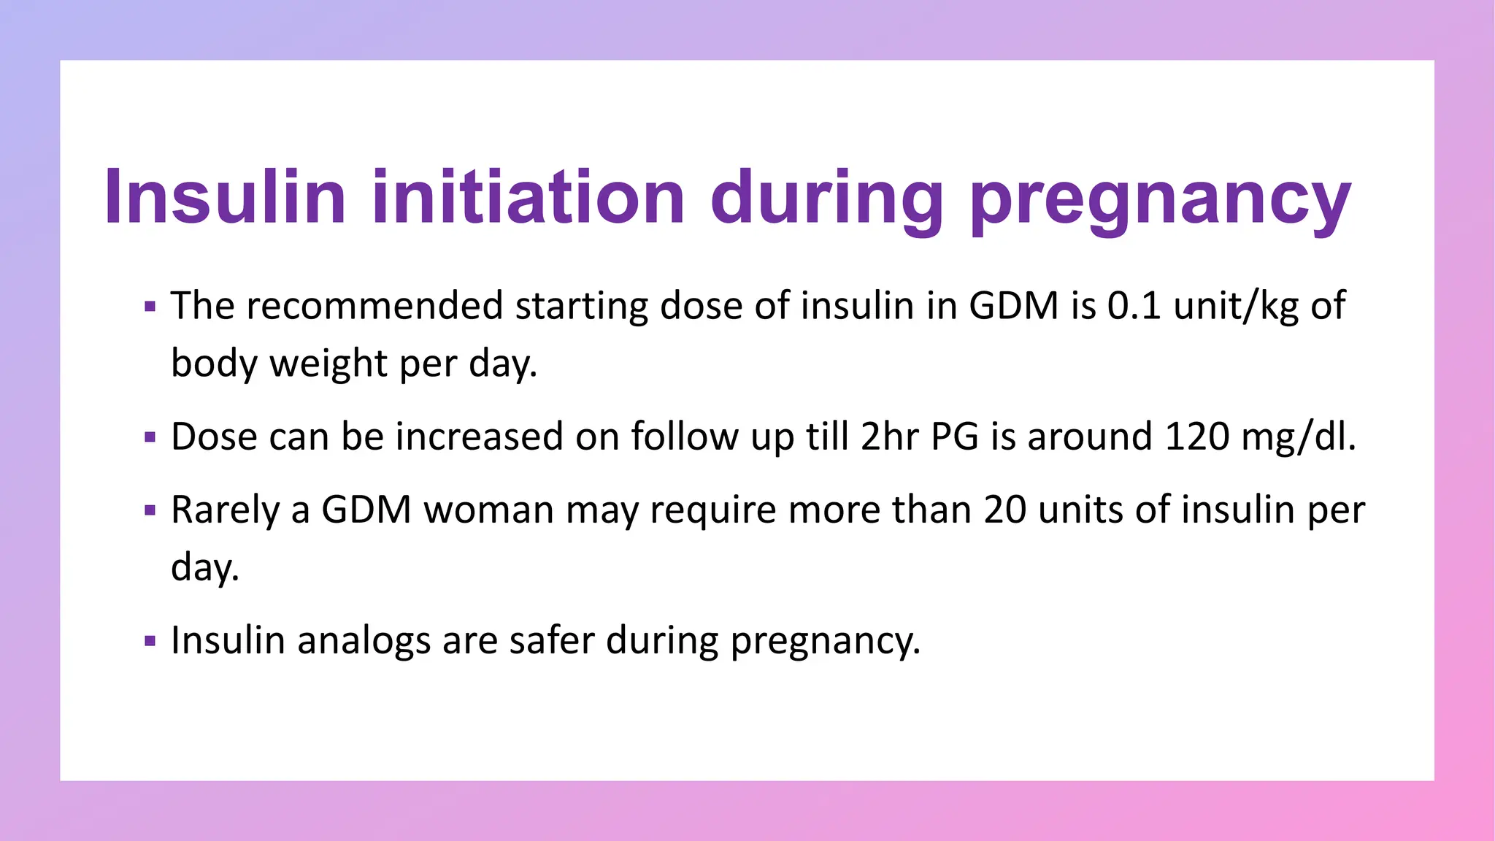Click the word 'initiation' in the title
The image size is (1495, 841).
pyautogui.click(x=529, y=197)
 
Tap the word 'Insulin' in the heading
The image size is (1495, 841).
pyautogui.click(x=225, y=197)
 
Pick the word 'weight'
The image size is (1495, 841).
pyautogui.click(x=328, y=363)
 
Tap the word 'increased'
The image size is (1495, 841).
pyautogui.click(x=480, y=437)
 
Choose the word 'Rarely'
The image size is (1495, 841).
pyautogui.click(x=225, y=510)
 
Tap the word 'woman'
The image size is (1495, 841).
pyautogui.click(x=488, y=510)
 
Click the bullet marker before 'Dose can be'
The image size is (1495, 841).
pyautogui.click(x=150, y=438)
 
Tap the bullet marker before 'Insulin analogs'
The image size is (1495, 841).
pyautogui.click(x=150, y=642)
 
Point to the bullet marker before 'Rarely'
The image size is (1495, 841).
pyautogui.click(x=150, y=511)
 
